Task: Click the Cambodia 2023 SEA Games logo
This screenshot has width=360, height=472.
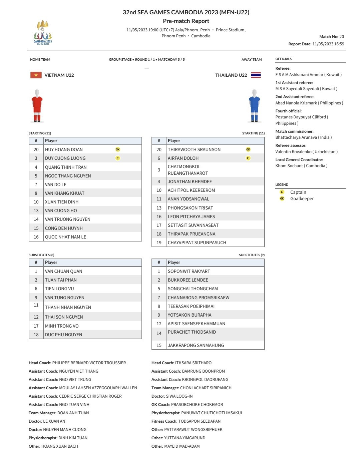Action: click(43, 32)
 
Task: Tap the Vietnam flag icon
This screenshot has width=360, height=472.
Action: click(36, 75)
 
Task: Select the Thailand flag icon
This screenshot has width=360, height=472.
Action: click(256, 75)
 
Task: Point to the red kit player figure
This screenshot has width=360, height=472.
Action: click(37, 105)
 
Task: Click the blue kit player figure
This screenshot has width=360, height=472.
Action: click(254, 105)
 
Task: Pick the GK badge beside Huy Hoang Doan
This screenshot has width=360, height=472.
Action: click(118, 149)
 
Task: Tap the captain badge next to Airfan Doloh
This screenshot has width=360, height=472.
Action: click(248, 158)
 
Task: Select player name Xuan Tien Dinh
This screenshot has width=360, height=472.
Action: click(62, 202)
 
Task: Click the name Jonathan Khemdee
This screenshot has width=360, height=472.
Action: click(190, 181)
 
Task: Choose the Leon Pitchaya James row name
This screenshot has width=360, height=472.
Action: click(191, 216)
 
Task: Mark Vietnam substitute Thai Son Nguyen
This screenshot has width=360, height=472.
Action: click(64, 317)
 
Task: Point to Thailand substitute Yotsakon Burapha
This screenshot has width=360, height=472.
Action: click(189, 315)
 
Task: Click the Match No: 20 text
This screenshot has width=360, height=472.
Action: click(331, 37)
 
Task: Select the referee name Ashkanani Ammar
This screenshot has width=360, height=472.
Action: click(308, 75)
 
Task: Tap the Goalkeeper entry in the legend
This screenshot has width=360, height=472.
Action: click(302, 198)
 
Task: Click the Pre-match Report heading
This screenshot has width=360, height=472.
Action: click(186, 21)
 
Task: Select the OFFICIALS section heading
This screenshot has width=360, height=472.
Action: click(283, 59)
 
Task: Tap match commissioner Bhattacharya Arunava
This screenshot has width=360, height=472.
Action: click(303, 137)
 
